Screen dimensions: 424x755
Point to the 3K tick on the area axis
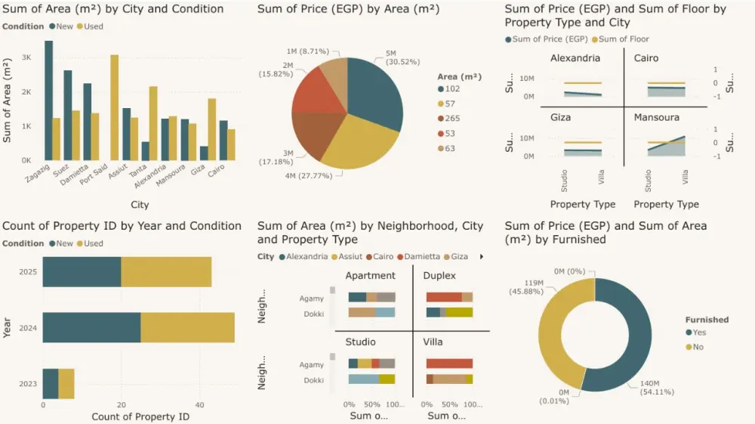(26, 57)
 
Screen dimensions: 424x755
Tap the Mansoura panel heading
(656, 118)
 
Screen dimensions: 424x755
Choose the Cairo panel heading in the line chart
(646, 58)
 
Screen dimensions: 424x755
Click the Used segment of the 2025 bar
(166, 271)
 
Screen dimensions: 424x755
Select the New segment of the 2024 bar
(91, 328)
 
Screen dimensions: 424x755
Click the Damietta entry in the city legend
(422, 257)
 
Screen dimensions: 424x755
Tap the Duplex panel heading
(439, 276)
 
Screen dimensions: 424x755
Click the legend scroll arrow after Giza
(481, 257)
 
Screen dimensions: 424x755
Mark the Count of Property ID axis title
(140, 416)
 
